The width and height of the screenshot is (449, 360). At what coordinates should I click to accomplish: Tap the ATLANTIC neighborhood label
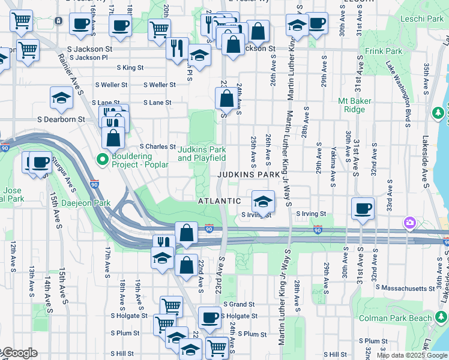tap(220, 201)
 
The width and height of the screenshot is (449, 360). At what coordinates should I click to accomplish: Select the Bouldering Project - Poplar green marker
tap(102, 160)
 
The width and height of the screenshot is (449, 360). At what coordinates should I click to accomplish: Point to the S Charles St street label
tap(157, 146)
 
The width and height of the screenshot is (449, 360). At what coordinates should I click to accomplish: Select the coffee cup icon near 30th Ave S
tap(363, 208)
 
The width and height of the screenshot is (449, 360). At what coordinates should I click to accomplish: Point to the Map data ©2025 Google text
tap(412, 355)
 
